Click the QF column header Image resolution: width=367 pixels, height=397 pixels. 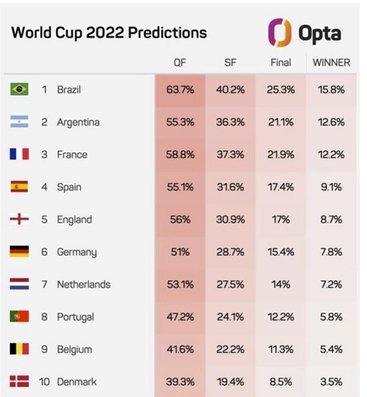180,62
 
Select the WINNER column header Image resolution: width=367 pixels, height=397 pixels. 331,62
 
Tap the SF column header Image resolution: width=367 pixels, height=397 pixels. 230,62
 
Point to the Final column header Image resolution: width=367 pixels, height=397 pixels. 281,62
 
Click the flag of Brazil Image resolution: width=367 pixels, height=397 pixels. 19,90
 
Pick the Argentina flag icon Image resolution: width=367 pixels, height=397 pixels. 19,122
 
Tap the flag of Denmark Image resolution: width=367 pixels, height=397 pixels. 19,382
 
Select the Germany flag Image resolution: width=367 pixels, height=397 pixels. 19,252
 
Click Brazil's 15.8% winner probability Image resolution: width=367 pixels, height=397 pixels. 331,90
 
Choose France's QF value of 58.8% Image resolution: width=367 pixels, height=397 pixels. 180,155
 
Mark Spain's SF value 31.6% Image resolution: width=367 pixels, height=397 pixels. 230,187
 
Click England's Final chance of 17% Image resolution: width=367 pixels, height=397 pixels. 281,219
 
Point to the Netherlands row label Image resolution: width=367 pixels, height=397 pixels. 83,285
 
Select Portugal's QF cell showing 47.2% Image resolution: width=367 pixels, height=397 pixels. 180,317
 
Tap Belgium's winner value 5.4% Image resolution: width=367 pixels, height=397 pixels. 331,349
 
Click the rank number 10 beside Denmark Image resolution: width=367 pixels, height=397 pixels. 44,382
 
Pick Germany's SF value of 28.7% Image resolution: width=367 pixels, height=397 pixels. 230,252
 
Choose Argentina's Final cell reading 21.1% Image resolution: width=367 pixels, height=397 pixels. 281,122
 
